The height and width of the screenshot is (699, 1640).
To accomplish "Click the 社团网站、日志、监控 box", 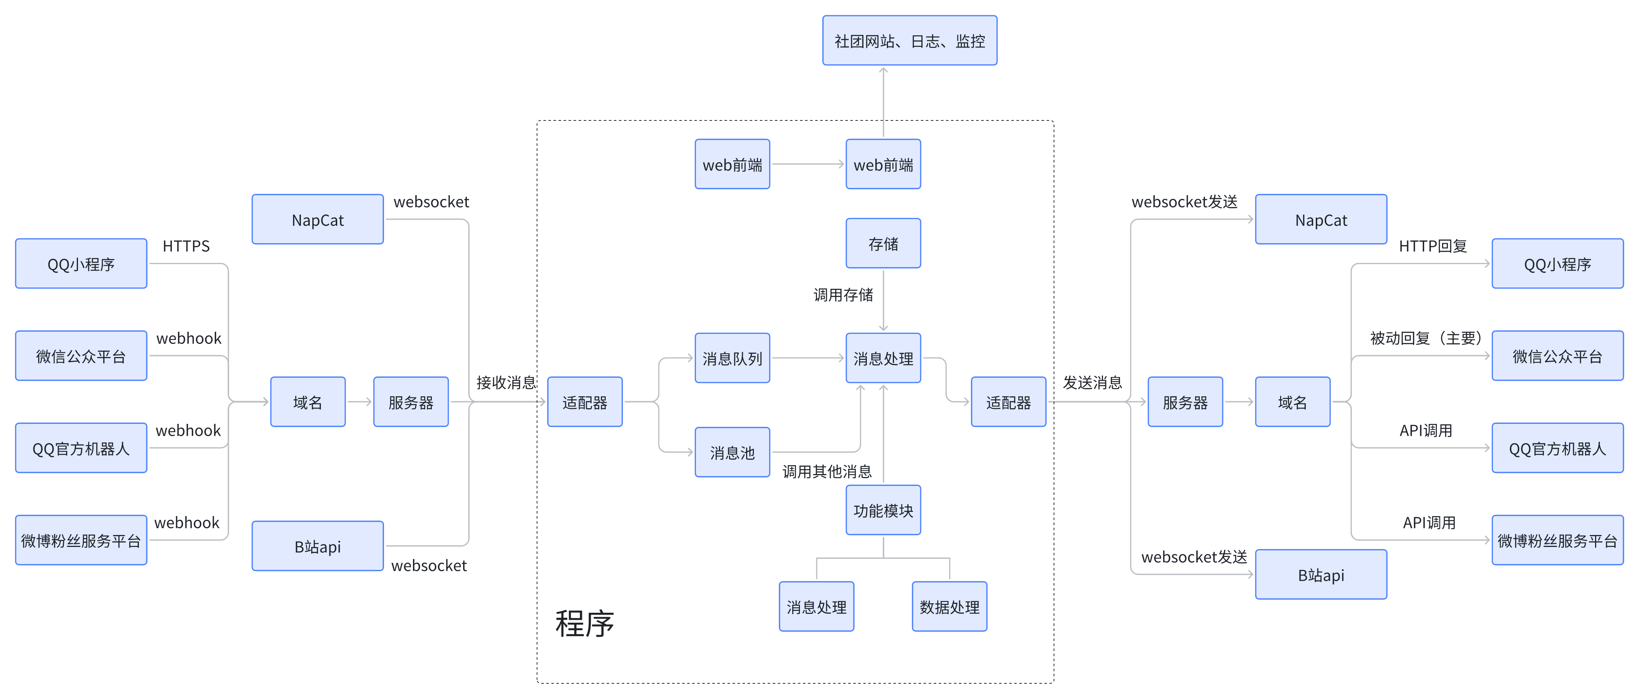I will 909,41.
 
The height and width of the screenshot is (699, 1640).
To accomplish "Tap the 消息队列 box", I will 732,358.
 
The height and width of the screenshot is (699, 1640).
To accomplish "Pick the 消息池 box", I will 732,452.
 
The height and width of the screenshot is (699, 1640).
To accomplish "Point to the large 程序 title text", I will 585,623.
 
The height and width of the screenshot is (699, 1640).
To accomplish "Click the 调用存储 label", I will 843,295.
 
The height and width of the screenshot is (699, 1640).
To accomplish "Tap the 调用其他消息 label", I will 826,471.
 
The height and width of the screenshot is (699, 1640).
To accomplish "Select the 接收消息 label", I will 506,382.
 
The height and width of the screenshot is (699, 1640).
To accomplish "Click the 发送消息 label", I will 1092,382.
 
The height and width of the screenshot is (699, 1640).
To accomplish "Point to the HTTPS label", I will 186,246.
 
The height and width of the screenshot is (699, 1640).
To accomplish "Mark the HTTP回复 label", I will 1432,246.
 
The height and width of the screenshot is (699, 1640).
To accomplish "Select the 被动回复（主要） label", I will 1426,338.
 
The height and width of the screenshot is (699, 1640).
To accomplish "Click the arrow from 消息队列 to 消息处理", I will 807,358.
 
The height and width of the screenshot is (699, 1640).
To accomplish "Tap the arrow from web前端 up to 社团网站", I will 883,102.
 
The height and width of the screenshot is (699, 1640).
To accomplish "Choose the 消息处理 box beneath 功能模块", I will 816,607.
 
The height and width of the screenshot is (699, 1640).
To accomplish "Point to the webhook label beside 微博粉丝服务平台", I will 186,522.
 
